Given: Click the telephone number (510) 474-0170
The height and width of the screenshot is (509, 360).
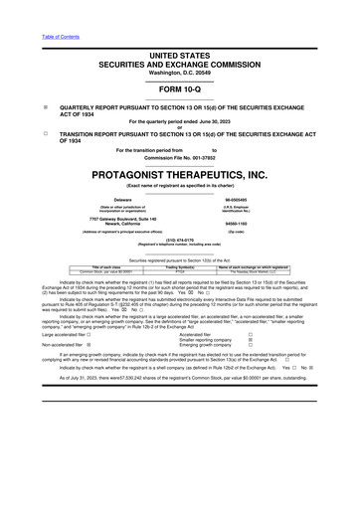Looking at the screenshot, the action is pyautogui.click(x=179, y=239).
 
